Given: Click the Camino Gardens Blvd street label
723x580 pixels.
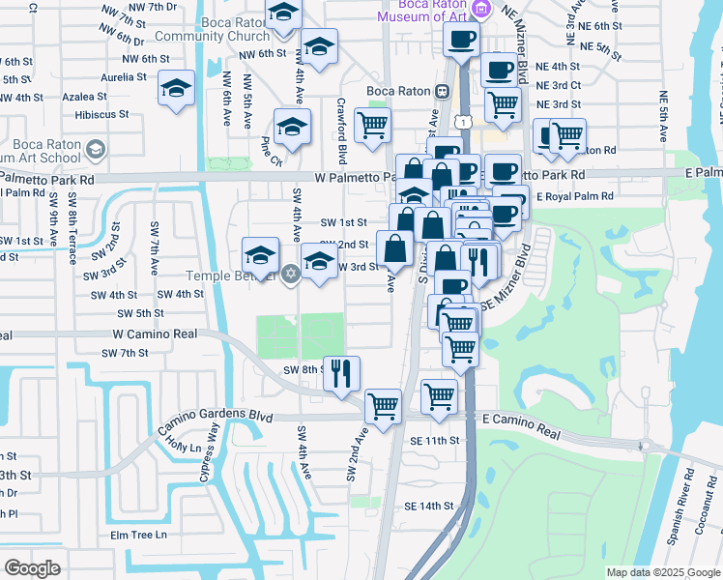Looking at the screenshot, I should pyautogui.click(x=214, y=417).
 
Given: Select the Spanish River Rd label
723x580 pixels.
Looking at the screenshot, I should pyautogui.click(x=688, y=501).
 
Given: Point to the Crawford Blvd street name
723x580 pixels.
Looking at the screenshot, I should pyautogui.click(x=341, y=130).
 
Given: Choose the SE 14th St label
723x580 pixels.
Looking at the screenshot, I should pyautogui.click(x=429, y=506).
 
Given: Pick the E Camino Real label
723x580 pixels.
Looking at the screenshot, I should pyautogui.click(x=521, y=421).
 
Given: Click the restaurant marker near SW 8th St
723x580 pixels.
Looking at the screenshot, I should pyautogui.click(x=340, y=372).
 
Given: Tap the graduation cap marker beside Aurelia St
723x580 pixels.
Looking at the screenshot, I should pyautogui.click(x=177, y=88).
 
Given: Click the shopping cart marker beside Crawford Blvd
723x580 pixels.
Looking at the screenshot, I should pyautogui.click(x=372, y=124).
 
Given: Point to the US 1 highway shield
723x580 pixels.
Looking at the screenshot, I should pyautogui.click(x=465, y=121).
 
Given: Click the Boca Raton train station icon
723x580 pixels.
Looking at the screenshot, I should pyautogui.click(x=441, y=92).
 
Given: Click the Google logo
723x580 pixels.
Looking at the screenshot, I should pyautogui.click(x=32, y=568).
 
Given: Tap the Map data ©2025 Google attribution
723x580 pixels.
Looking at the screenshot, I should pyautogui.click(x=662, y=572).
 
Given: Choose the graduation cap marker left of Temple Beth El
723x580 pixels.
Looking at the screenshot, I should pyautogui.click(x=259, y=255).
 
